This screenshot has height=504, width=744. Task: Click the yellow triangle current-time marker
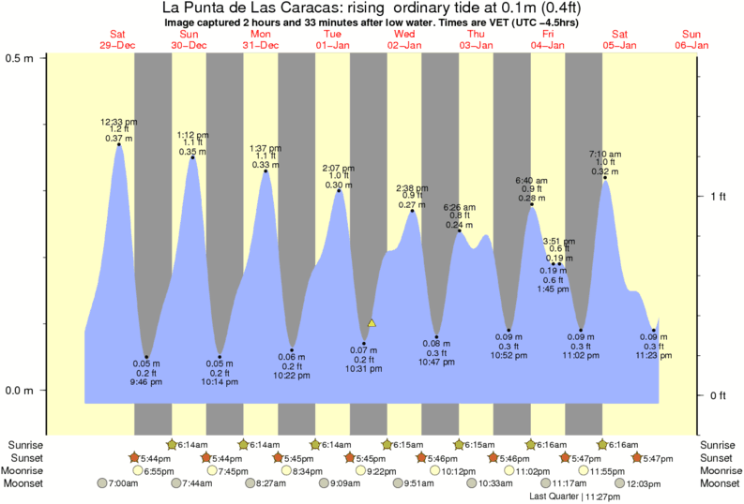click(x=372, y=323)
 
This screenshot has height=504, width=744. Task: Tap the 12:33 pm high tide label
click(x=119, y=122)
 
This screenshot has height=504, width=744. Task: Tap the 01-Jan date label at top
click(x=332, y=45)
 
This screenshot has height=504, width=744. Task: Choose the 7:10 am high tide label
click(x=604, y=154)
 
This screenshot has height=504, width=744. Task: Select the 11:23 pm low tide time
click(x=654, y=356)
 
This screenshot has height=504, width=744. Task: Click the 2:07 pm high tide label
click(x=338, y=168)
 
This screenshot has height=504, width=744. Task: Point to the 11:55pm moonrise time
click(x=619, y=471)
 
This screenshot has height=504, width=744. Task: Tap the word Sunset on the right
click(x=717, y=458)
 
